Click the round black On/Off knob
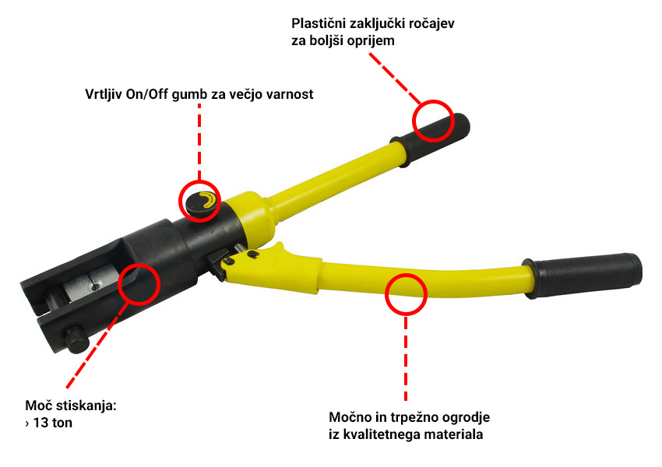click(201, 202)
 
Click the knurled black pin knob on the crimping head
click(76, 339)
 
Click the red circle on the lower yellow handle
click(406, 294)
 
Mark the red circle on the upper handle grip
click(433, 121)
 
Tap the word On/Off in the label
click(147, 94)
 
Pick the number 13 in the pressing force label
click(41, 423)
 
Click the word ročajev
click(433, 23)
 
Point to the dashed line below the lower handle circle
click(406, 359)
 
